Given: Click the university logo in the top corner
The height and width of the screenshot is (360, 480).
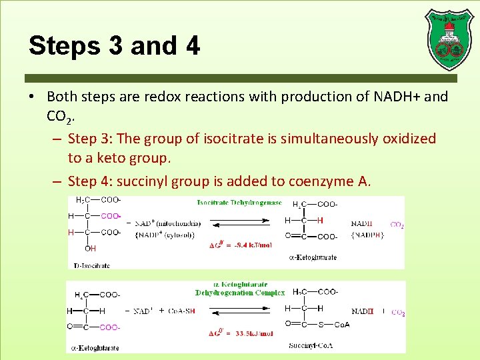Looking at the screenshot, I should pyautogui.click(x=449, y=39).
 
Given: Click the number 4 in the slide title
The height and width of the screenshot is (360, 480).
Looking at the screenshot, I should pyautogui.click(x=193, y=45).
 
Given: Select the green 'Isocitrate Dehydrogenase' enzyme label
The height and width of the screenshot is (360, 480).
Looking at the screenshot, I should pyautogui.click(x=239, y=203).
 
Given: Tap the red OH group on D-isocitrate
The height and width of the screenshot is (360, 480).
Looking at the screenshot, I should pyautogui.click(x=90, y=249).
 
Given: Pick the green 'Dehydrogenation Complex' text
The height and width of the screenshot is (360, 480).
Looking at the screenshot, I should pyautogui.click(x=239, y=292).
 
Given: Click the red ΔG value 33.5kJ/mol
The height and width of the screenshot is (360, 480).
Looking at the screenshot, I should pyautogui.click(x=242, y=333).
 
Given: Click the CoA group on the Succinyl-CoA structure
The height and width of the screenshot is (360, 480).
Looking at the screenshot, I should pyautogui.click(x=342, y=325).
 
